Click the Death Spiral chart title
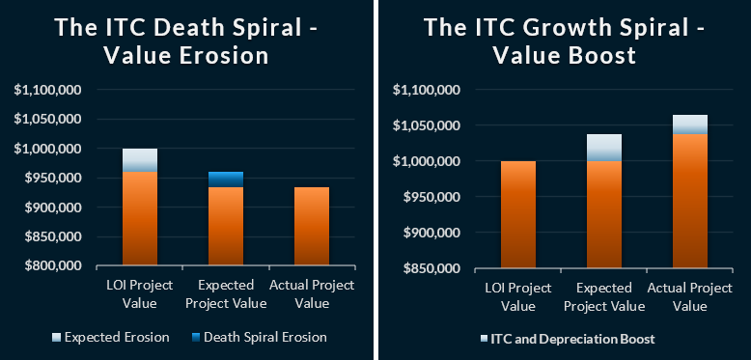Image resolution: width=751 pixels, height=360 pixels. coord(187,42)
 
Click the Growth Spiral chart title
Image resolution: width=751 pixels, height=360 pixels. coord(564,42)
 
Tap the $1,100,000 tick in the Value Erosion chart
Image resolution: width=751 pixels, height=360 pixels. coord(53,91)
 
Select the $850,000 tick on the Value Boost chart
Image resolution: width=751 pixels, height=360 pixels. coord(432,268)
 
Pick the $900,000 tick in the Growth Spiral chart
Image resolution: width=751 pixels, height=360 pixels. coord(432,233)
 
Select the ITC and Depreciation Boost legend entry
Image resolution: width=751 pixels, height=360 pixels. coord(569,339)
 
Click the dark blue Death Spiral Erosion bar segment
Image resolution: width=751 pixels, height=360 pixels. coord(226,180)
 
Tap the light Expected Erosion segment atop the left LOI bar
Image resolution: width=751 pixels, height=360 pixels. coord(140,160)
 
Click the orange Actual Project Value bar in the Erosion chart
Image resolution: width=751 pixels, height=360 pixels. coord(311,227)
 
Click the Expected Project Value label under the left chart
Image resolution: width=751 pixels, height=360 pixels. coord(225,294)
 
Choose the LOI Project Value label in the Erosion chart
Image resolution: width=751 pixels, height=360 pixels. coord(140,294)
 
